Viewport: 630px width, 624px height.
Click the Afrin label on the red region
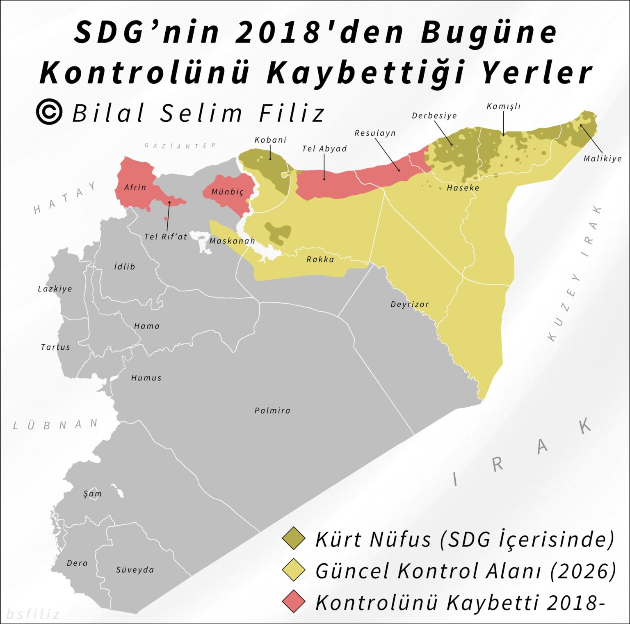coord(135,187)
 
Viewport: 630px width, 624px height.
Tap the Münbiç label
coord(227,192)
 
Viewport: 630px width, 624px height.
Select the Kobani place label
coord(270,140)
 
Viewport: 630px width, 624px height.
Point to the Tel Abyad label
coord(324,149)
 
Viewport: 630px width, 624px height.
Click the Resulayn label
coord(375,133)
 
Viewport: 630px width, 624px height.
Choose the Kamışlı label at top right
coord(503,107)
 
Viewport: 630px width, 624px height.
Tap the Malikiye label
coord(602,159)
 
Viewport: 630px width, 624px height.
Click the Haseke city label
coord(463,188)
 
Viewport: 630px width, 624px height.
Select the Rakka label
coord(320,260)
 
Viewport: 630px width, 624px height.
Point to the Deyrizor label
coord(409,305)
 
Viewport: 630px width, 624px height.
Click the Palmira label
coord(272,411)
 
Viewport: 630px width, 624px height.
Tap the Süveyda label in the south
coord(135,570)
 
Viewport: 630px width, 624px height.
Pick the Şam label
coord(92,494)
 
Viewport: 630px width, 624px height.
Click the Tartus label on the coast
coord(55,347)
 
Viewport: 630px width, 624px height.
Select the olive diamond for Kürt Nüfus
coord(294,539)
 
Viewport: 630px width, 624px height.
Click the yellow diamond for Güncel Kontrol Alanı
coord(294,570)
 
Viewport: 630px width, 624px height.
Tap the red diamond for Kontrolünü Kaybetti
coord(294,602)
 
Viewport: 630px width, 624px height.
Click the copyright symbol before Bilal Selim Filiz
coord(49,112)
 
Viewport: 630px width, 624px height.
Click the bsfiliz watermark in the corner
coord(33,614)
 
